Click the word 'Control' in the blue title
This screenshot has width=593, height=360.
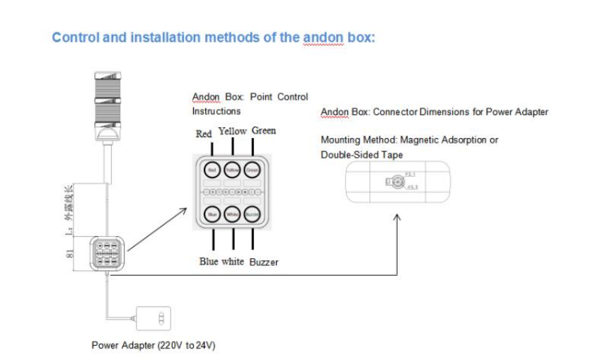(76, 37)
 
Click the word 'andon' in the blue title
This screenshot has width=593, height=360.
(322, 37)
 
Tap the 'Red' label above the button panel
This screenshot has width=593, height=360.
(204, 134)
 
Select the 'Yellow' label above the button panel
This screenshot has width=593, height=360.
(232, 132)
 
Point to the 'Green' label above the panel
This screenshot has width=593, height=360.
(264, 131)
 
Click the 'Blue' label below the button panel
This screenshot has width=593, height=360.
(209, 262)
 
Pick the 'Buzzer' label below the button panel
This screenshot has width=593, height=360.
(263, 262)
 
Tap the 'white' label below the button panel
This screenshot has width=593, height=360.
(233, 262)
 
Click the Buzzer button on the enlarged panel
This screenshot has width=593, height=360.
(253, 214)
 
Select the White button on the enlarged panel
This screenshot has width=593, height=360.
(232, 214)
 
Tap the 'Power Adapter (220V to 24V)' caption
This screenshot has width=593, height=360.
(153, 346)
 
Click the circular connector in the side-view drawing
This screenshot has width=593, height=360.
(397, 182)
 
